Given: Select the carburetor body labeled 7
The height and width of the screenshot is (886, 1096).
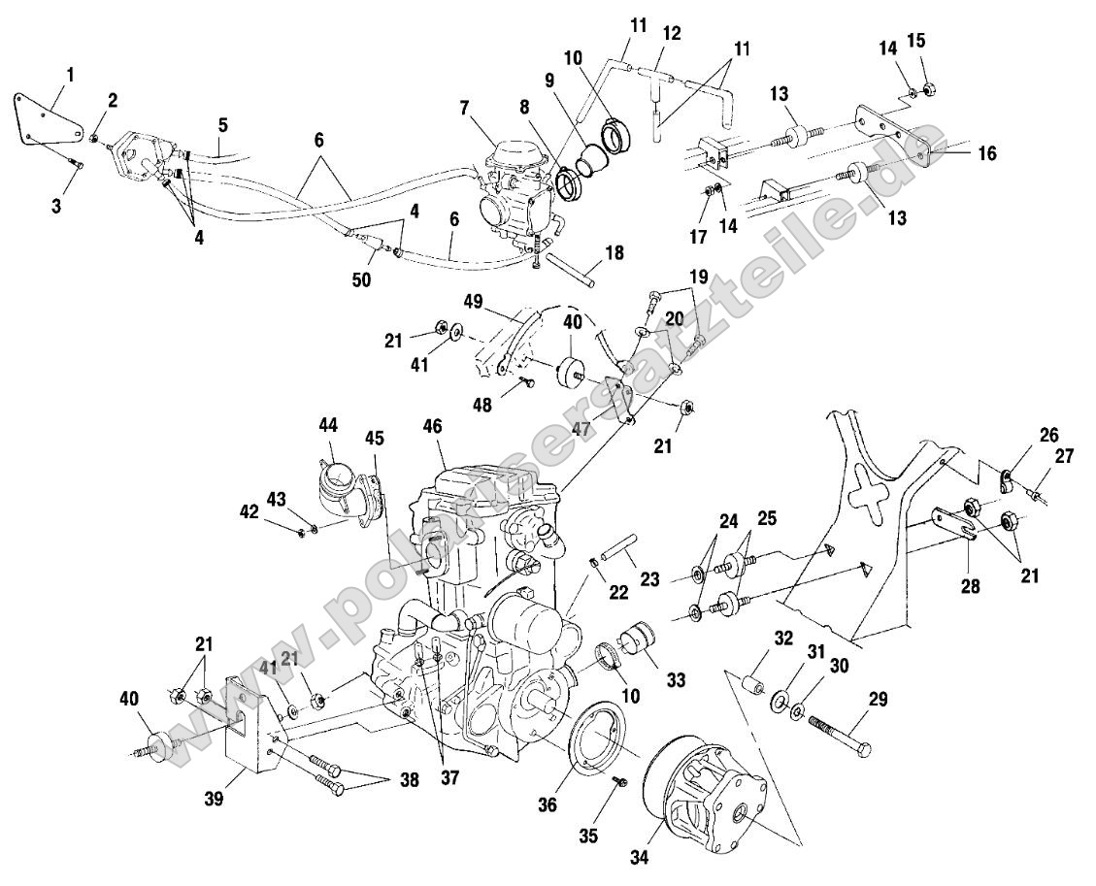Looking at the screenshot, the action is [x=514, y=189].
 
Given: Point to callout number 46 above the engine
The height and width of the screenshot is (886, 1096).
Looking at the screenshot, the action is [x=433, y=428].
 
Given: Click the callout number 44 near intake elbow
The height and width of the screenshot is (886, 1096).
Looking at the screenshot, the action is [x=327, y=426].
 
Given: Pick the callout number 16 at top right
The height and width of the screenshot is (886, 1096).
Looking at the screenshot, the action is [x=985, y=153].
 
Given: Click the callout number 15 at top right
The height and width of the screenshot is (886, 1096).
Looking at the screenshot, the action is [x=917, y=41].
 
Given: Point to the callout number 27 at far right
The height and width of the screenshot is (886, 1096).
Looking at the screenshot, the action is [x=1065, y=457].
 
